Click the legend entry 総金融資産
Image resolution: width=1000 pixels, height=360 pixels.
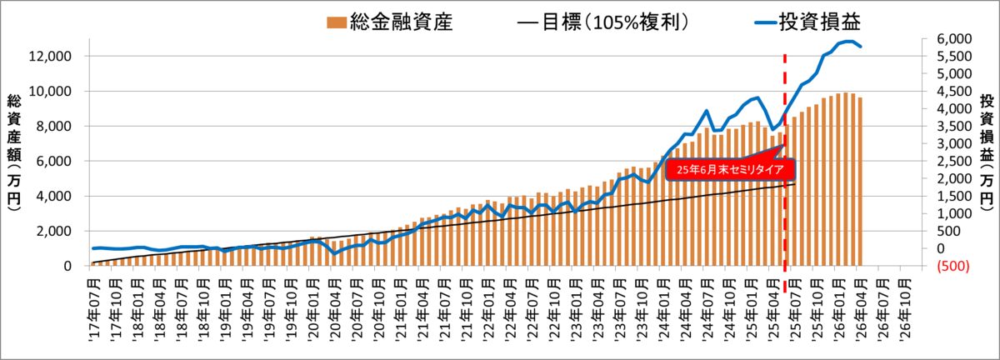pyautogui.click(x=389, y=22)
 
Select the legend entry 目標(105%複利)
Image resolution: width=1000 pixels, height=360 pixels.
pyautogui.click(x=602, y=22)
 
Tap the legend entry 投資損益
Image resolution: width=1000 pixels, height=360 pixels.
pyautogui.click(x=807, y=22)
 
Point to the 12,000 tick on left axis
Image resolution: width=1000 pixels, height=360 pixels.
pyautogui.click(x=50, y=57)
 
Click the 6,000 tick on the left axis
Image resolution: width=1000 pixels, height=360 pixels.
pyautogui.click(x=53, y=161)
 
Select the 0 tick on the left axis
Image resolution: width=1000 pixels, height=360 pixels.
pyautogui.click(x=67, y=266)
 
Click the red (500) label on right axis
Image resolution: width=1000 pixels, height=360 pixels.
pyautogui.click(x=953, y=266)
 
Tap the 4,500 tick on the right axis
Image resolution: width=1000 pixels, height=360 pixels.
pyautogui.click(x=954, y=91)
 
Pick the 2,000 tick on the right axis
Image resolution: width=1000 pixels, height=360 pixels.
pyautogui.click(x=954, y=178)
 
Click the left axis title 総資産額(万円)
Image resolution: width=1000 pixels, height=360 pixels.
pyautogui.click(x=14, y=152)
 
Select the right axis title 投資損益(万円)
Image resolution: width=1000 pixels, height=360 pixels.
pyautogui.click(x=987, y=152)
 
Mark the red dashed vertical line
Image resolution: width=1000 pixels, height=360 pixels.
pyautogui.click(x=785, y=173)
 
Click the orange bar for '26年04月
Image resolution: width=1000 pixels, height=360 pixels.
pyautogui.click(x=860, y=182)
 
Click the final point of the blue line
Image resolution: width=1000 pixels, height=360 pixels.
pyautogui.click(x=860, y=47)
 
